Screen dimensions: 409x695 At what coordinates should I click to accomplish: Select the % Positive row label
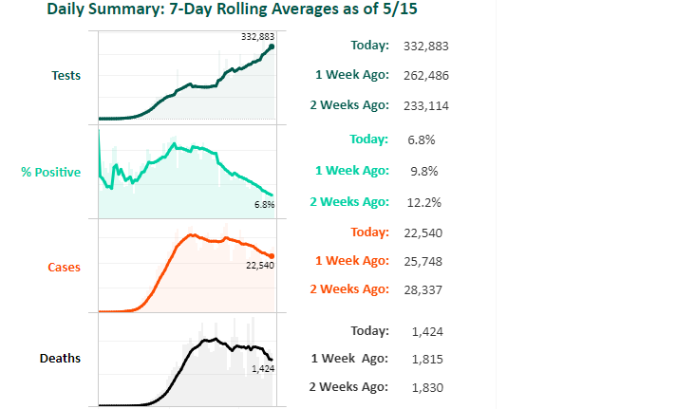(50, 172)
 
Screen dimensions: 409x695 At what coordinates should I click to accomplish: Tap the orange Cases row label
(64, 267)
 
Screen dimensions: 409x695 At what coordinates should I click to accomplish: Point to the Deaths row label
(60, 359)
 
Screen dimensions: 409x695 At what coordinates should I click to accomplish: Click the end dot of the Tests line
(272, 46)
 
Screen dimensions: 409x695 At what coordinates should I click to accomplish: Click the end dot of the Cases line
(272, 255)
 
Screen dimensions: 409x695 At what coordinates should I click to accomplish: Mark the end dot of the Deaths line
(271, 359)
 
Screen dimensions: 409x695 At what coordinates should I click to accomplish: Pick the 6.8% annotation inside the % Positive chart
(264, 204)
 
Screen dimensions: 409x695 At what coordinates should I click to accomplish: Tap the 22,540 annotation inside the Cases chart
(259, 266)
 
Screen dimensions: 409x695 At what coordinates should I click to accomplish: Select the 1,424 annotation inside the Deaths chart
(263, 368)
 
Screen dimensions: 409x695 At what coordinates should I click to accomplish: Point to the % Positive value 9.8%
(422, 171)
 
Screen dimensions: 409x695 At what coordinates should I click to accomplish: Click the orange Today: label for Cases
(369, 232)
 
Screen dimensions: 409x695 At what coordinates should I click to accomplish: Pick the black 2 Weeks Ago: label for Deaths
(349, 387)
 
